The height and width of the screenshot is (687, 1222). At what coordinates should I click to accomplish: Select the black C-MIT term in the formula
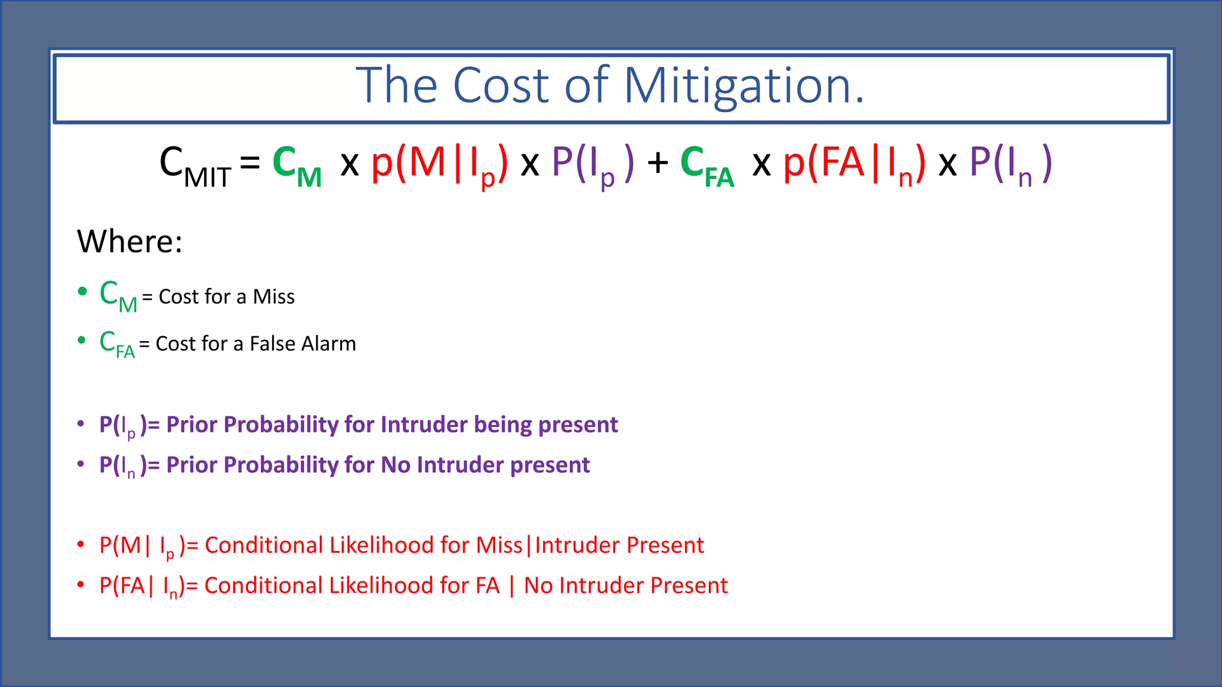point(195,165)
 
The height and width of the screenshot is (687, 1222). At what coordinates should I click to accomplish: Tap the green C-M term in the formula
point(297,165)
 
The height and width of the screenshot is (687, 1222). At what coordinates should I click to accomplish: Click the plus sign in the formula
point(658,163)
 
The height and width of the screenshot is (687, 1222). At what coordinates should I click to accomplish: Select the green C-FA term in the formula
point(707,165)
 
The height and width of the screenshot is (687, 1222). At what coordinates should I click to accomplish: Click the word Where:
point(129,242)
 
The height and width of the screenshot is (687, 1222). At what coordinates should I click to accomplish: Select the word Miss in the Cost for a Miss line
point(273,297)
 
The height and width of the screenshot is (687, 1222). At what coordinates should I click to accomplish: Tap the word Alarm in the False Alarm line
point(330,344)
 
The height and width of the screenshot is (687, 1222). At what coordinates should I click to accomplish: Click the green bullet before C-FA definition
point(82,341)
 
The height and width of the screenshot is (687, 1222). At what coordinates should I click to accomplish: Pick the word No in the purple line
point(396,465)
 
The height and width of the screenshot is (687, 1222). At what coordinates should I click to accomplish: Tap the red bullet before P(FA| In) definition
point(81,585)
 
